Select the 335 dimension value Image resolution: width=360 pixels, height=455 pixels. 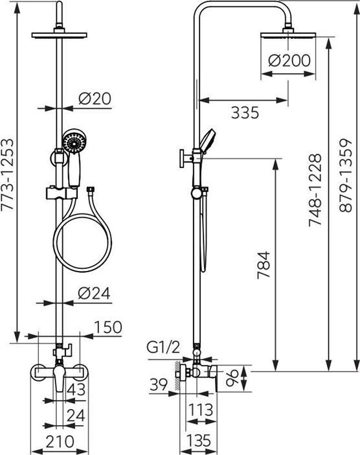click(x=245, y=113)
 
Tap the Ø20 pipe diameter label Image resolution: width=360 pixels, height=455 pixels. click(x=95, y=99)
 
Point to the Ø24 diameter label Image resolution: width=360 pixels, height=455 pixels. click(x=95, y=293)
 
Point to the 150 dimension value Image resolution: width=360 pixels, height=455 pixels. click(x=107, y=327)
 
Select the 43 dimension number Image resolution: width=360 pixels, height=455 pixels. click(x=76, y=391)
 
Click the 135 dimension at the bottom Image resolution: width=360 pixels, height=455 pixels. click(x=198, y=441)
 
